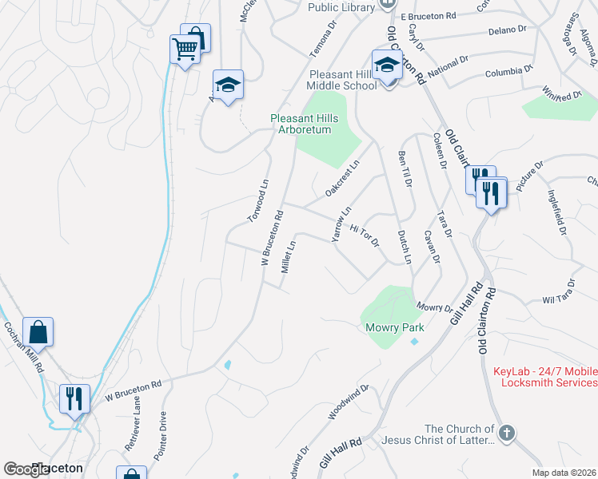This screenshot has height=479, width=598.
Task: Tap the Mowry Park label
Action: coord(394,327)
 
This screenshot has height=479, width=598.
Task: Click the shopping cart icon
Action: coord(185,49)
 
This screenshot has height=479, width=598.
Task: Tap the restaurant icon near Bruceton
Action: coord(74,397)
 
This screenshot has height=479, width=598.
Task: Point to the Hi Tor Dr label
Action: coord(364,236)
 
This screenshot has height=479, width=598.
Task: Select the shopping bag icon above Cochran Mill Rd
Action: coord(38,331)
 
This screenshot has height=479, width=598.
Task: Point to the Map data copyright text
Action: coord(563,473)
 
